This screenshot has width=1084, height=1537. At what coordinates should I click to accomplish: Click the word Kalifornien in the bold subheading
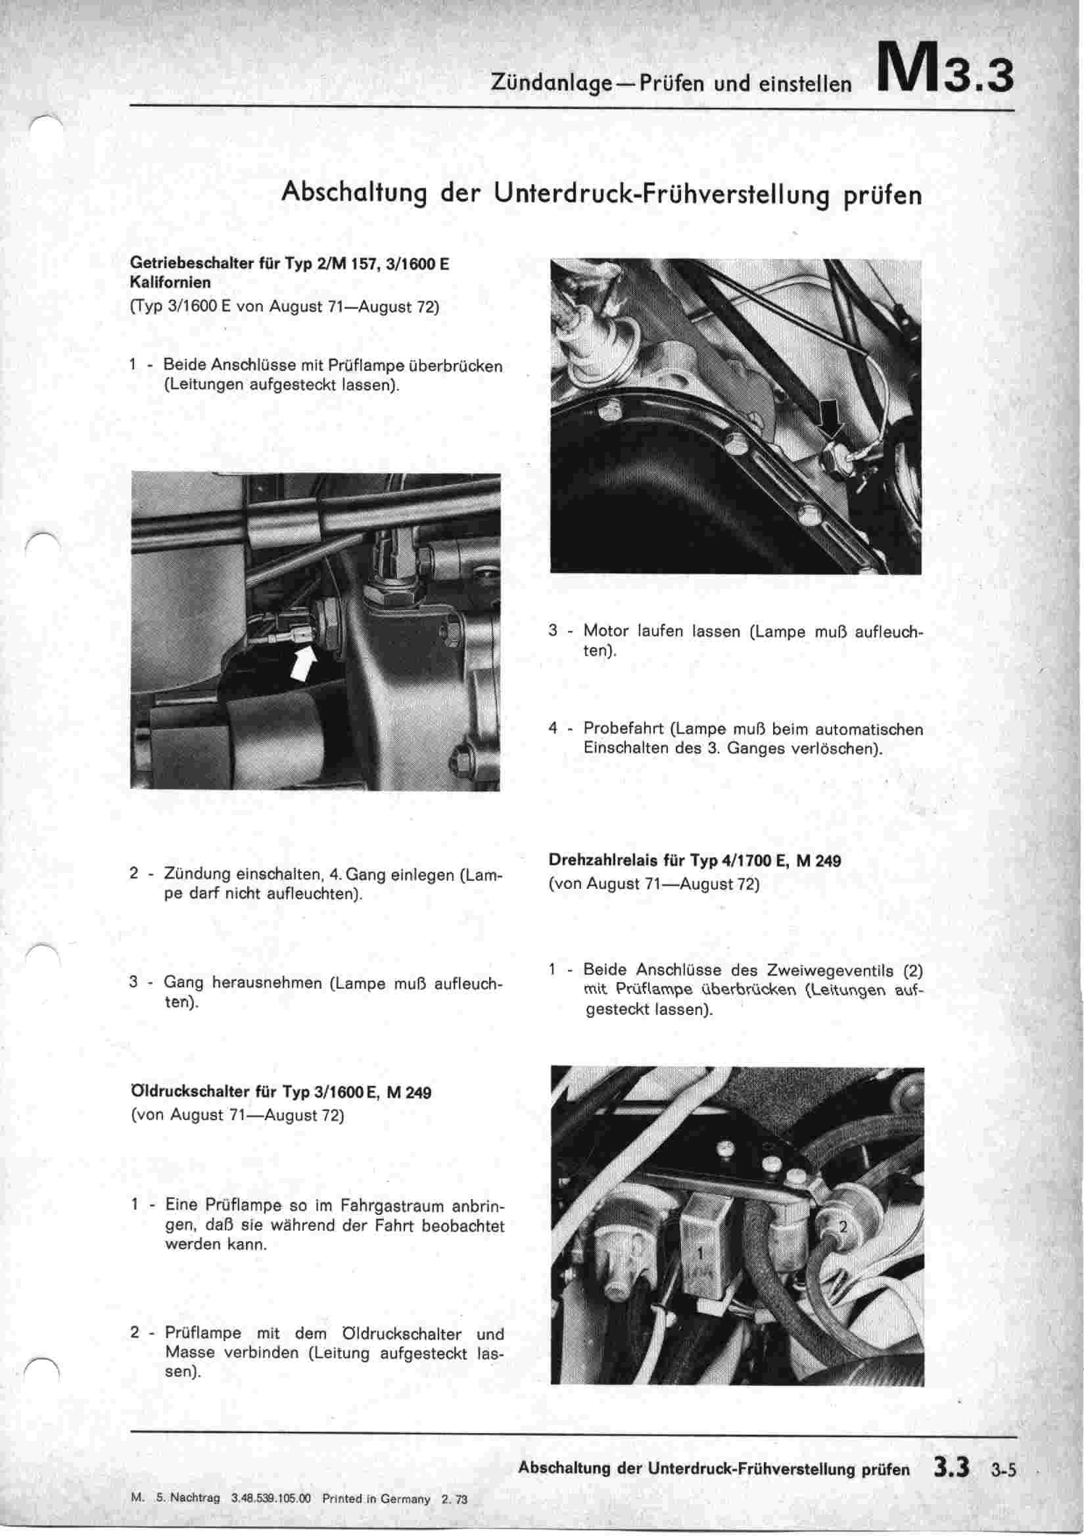click(170, 283)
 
